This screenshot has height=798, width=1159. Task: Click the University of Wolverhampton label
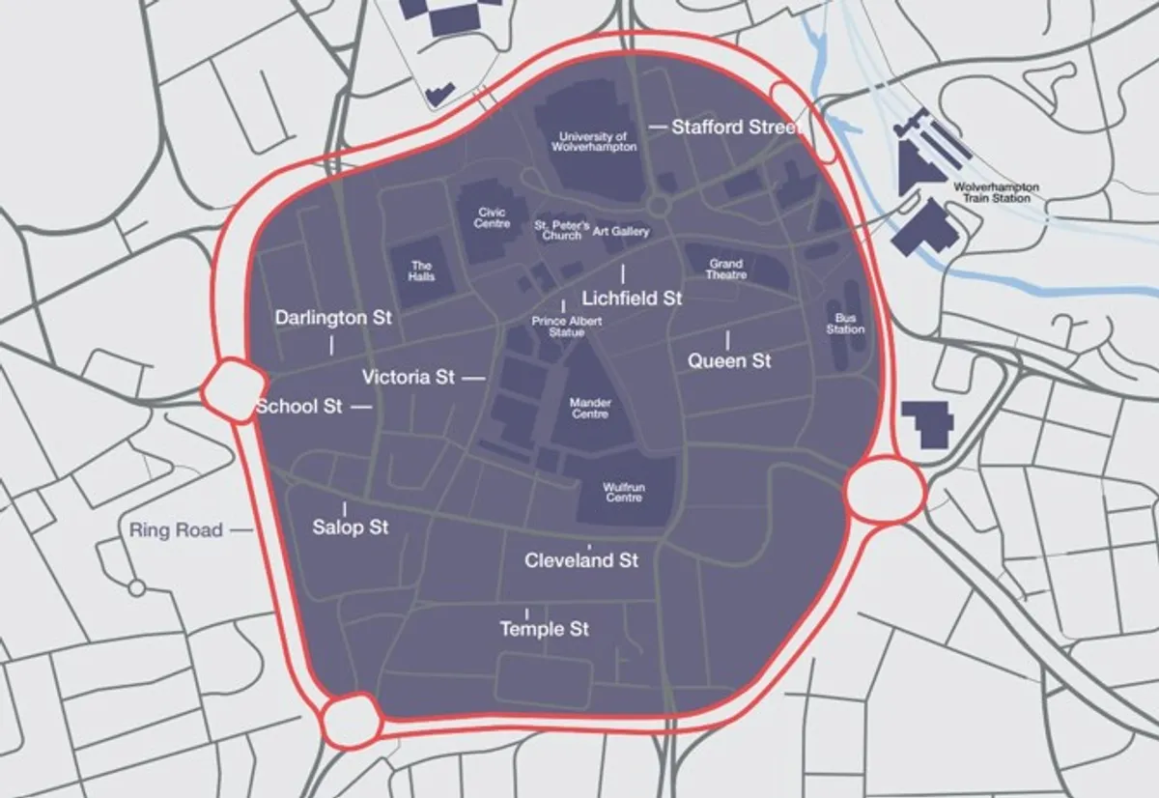(594, 142)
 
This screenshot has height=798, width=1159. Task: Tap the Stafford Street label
(736, 127)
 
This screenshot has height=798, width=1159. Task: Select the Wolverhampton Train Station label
(997, 191)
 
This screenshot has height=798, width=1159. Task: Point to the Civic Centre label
(492, 217)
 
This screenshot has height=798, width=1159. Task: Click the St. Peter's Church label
(561, 230)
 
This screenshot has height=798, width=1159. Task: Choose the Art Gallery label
(621, 232)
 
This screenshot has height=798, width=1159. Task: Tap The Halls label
(421, 271)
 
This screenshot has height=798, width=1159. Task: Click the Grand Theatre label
(726, 269)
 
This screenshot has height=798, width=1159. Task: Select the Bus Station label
(845, 323)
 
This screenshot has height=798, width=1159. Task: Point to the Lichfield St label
(633, 299)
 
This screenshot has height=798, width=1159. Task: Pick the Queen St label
(729, 361)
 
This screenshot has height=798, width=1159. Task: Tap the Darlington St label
(333, 318)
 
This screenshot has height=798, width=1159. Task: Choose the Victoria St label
(409, 378)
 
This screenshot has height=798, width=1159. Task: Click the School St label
(299, 407)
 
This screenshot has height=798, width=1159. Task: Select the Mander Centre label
(590, 408)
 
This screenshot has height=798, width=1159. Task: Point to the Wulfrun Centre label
(623, 493)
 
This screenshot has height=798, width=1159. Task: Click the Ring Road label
(178, 529)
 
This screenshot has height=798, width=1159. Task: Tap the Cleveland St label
(581, 560)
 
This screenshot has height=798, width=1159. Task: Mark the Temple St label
(544, 630)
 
